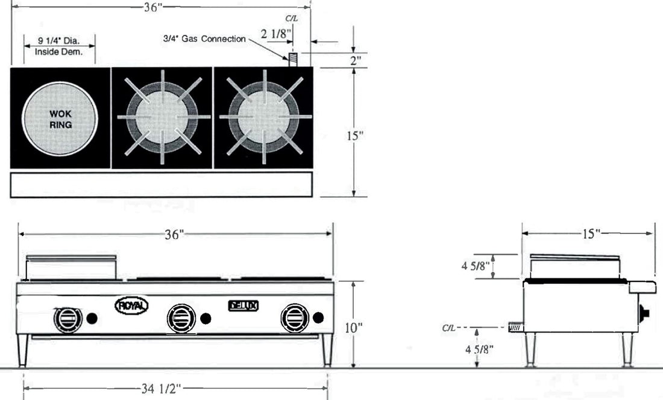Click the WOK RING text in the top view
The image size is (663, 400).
click(x=60, y=119)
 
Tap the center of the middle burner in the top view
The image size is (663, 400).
click(x=162, y=117)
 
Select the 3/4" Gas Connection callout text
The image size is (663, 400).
click(x=204, y=39)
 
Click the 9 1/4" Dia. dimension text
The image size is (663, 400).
click(x=58, y=41)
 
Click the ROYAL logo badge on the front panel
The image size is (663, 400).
click(x=131, y=306)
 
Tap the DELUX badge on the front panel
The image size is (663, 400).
click(x=244, y=306)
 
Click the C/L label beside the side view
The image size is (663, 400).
click(x=449, y=328)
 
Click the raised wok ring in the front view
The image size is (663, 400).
click(x=71, y=267)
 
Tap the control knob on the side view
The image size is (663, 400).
click(x=646, y=313)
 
